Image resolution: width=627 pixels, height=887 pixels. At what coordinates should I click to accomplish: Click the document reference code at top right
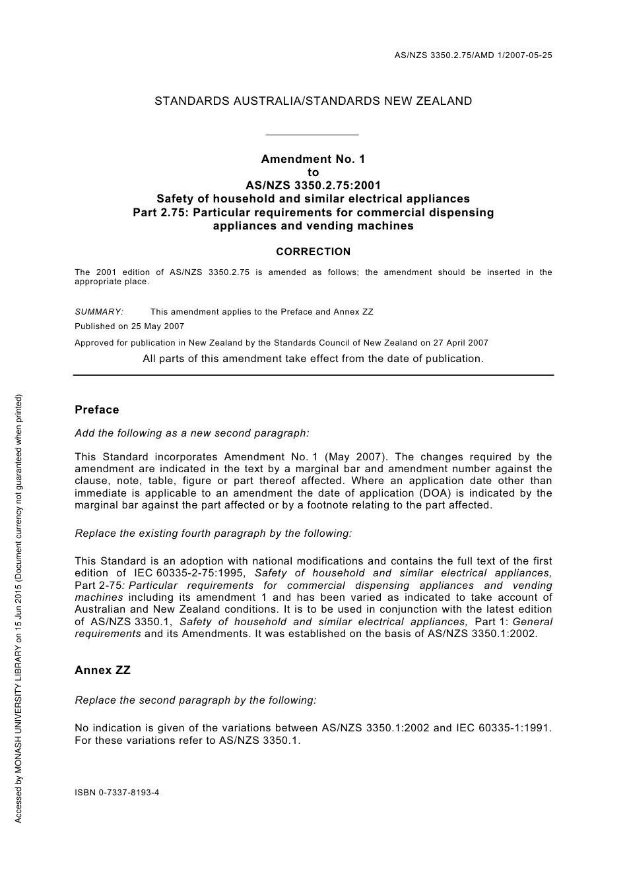[473, 55]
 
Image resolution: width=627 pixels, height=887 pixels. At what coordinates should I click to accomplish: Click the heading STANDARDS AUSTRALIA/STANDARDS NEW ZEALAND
[313, 101]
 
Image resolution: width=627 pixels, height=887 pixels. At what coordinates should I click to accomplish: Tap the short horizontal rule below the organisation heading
[312, 135]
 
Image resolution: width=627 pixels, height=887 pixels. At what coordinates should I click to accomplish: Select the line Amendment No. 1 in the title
[313, 159]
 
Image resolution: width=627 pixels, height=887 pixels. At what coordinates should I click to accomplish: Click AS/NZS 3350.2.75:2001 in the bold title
[313, 185]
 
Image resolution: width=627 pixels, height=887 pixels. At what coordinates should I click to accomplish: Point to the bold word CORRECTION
[313, 251]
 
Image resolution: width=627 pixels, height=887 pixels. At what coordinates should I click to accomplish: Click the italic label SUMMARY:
[99, 312]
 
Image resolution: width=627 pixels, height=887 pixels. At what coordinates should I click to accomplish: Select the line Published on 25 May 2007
[129, 326]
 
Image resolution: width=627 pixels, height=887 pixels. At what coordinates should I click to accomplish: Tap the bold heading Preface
[97, 410]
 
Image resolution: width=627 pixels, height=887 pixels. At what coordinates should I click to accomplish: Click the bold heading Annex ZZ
[102, 670]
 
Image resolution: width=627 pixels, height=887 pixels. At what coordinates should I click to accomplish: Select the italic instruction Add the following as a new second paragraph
[192, 433]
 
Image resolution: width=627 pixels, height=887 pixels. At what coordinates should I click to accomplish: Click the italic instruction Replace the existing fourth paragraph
[213, 533]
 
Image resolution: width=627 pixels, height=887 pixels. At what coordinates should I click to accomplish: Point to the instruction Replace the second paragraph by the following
[195, 700]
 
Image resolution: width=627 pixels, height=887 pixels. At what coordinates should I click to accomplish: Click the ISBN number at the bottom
[117, 793]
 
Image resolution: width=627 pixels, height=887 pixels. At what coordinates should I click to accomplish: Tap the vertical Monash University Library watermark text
[19, 607]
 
